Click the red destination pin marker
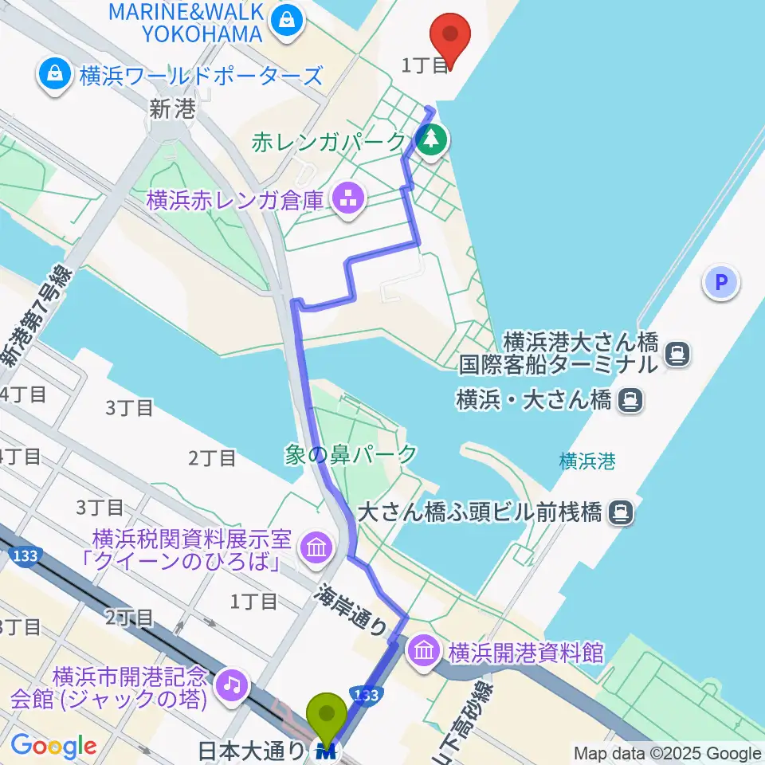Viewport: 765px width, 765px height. pos(450,36)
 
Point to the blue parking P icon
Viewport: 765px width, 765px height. pos(721,281)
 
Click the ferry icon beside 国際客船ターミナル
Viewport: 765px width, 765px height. pos(678,354)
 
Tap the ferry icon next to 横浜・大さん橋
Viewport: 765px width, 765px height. pos(629,399)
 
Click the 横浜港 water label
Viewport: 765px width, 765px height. pos(586,460)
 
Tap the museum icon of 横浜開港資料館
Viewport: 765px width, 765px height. pos(424,653)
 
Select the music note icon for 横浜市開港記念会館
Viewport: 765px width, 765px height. pos(232,685)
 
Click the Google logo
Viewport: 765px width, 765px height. pos(53,746)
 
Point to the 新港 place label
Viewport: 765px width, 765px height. pos(172,110)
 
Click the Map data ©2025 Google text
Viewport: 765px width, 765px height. pos(667,753)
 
